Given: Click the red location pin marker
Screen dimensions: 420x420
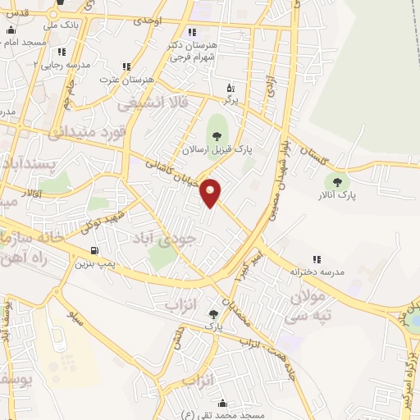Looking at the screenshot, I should click(x=212, y=191).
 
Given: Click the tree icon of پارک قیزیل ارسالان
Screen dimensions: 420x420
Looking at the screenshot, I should click(x=217, y=135).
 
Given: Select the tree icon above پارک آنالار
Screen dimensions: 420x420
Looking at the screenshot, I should click(x=334, y=181).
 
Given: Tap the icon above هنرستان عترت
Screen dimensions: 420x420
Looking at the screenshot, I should click(x=126, y=66).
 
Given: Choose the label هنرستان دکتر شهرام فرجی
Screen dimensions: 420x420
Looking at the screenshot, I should click(x=191, y=52).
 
